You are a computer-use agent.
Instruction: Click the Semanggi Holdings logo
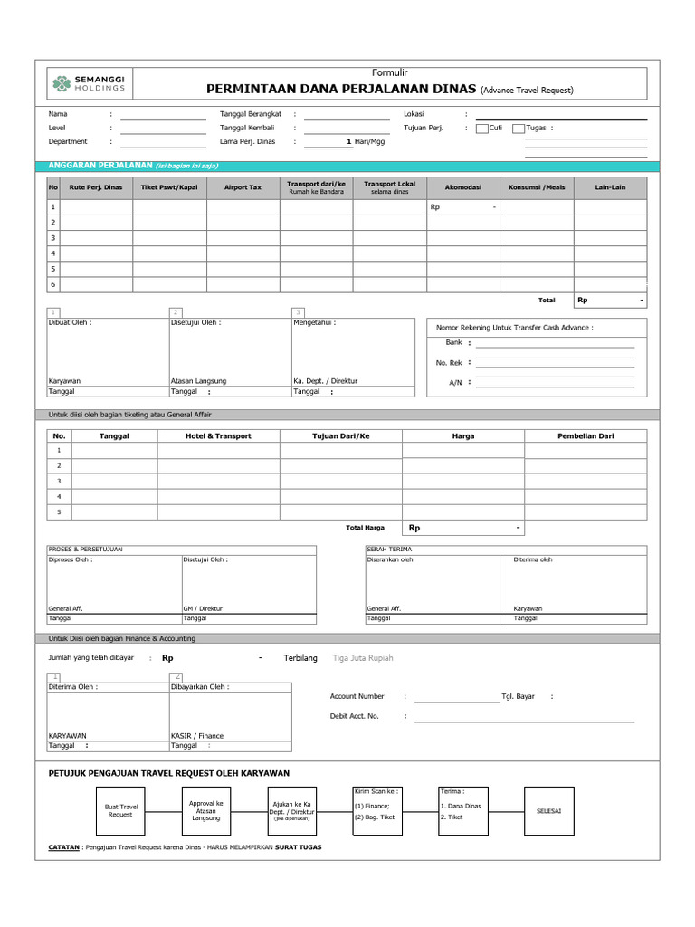click(88, 83)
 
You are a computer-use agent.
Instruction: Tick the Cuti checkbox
click(482, 129)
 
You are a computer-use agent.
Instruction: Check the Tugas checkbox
click(519, 129)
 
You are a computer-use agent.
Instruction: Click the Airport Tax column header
click(243, 187)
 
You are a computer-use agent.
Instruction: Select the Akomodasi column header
click(462, 187)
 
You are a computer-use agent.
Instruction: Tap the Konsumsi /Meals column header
click(536, 187)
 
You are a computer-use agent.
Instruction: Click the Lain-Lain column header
click(610, 187)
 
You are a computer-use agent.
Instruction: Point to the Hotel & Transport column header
click(219, 435)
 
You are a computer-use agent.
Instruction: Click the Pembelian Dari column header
click(586, 435)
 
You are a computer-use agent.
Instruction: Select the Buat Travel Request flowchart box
click(120, 810)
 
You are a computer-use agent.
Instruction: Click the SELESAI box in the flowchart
click(548, 810)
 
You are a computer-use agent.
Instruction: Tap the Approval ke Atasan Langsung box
click(205, 810)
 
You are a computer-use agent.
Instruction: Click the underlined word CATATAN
click(63, 847)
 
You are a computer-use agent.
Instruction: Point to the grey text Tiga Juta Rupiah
click(364, 658)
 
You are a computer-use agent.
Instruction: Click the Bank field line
click(555, 345)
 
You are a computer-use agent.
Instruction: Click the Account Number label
click(357, 696)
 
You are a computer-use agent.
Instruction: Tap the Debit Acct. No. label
click(355, 716)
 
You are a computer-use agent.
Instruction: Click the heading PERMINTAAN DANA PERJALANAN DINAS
click(342, 90)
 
